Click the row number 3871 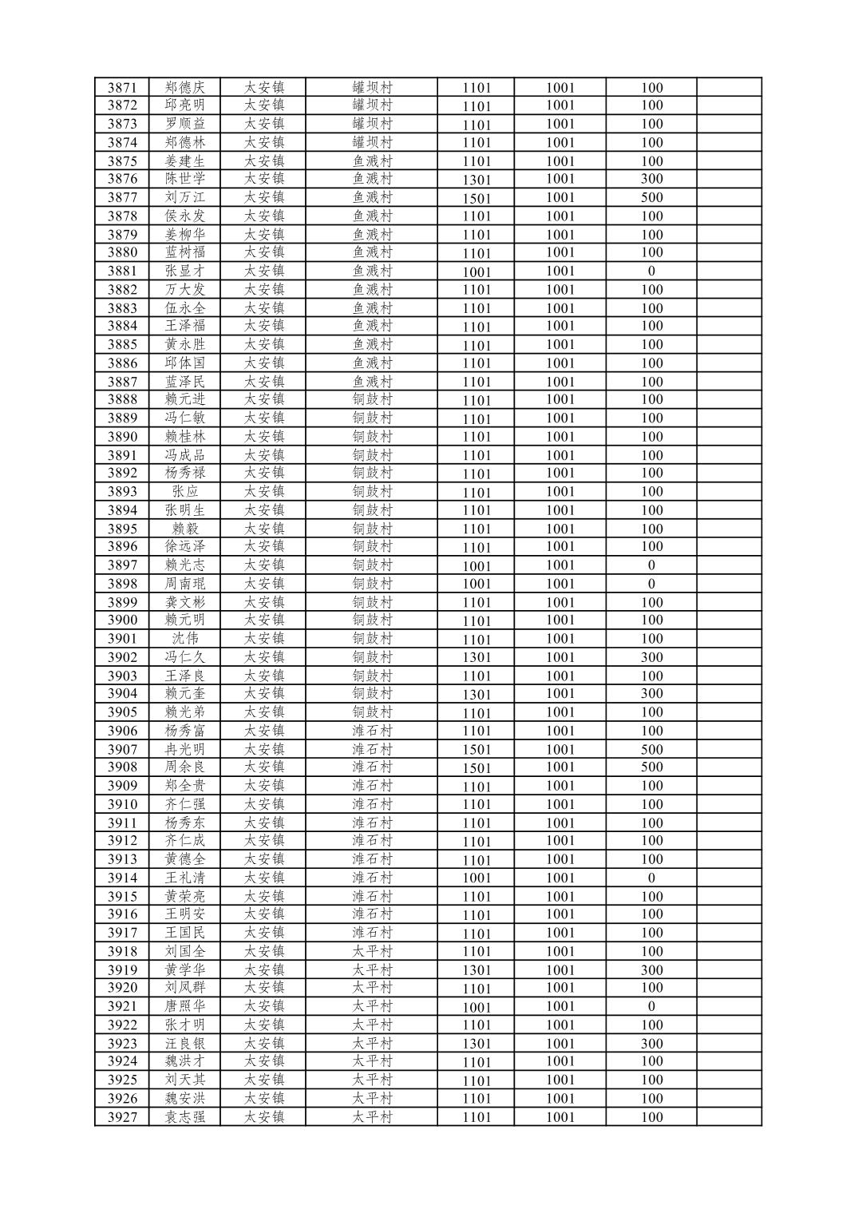[x=122, y=88]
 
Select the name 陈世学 [x=184, y=179]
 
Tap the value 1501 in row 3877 [x=476, y=198]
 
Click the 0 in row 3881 [x=651, y=272]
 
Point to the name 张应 [x=184, y=492]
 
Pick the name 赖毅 [x=184, y=529]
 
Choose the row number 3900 [x=122, y=620]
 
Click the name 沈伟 [x=184, y=639]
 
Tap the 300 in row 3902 [x=651, y=657]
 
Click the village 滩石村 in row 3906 [x=373, y=731]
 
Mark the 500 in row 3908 [x=651, y=767]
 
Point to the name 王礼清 [x=184, y=878]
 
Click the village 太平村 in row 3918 [x=373, y=951]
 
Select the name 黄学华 [x=184, y=970]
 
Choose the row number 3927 [x=122, y=1117]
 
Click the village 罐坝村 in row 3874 [x=373, y=142]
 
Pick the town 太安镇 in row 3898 [x=263, y=584]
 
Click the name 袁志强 [x=184, y=1117]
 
